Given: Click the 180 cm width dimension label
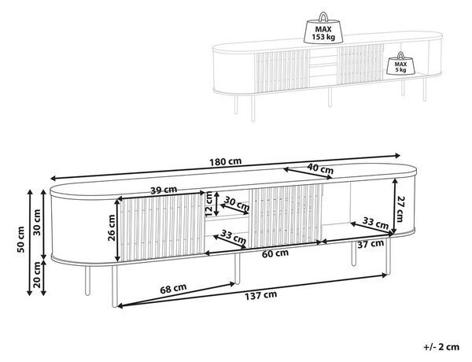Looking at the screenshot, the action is pos(226,161).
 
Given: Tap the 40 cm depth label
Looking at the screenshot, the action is pos(320,168).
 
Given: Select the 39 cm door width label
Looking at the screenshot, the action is pos(164,190).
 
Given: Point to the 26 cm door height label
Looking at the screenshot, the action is pos(112,227).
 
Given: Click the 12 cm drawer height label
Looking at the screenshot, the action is pos(209,204).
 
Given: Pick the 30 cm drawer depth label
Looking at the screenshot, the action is pos(238,205).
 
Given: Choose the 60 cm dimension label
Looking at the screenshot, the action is pos(275,253).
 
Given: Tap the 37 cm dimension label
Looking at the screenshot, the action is pos(371,244).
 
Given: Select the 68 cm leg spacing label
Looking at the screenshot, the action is pos(173,289).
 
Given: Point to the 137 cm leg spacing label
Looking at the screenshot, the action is pos(260,295).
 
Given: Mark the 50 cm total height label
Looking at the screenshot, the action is pos(21,240).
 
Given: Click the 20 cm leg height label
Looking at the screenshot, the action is pos(37,275).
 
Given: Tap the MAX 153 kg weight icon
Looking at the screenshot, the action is pos(323,28).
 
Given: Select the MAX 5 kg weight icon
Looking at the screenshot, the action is pos(400,64).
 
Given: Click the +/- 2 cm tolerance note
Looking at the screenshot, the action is pos(441,347).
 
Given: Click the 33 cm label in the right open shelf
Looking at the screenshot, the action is pos(375,223).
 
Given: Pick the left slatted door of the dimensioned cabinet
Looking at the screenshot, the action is pos(163,227).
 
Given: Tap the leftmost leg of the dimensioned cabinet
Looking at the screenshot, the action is pos(87,281).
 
